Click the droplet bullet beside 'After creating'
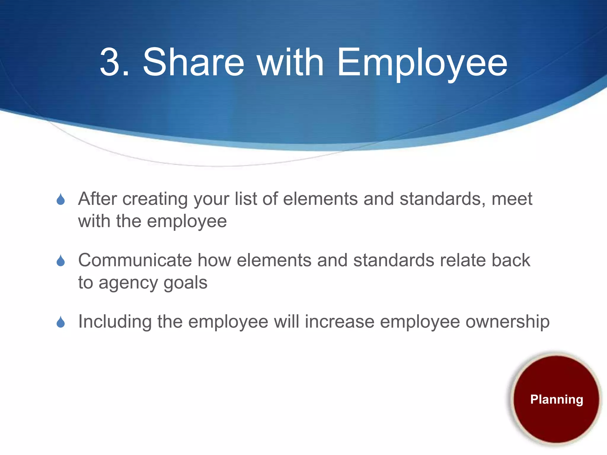pyautogui.click(x=61, y=199)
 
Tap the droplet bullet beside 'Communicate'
pyautogui.click(x=61, y=261)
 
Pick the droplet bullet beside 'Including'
pyautogui.click(x=61, y=322)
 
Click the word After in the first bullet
pyautogui.click(x=98, y=199)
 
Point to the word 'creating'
pyautogui.click(x=155, y=199)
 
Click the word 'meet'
pyautogui.click(x=512, y=199)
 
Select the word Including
pyautogui.click(x=115, y=322)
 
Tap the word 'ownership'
pyautogui.click(x=507, y=322)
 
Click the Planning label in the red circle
pyautogui.click(x=557, y=400)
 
